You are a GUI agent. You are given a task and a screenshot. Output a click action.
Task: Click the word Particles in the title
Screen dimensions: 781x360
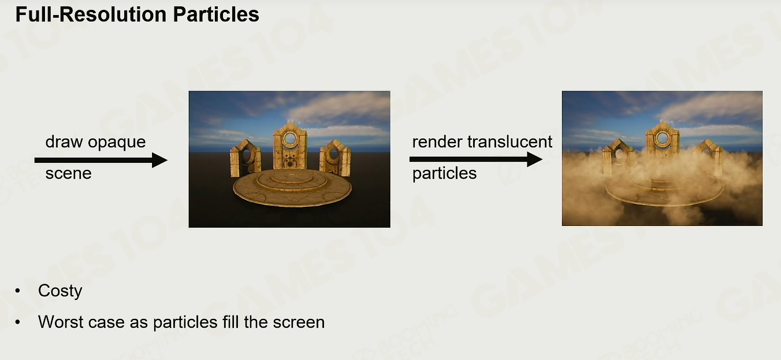click(216, 14)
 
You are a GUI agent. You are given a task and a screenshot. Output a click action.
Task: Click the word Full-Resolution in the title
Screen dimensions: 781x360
click(91, 14)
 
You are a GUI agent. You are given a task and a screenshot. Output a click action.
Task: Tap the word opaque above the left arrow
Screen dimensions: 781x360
click(117, 143)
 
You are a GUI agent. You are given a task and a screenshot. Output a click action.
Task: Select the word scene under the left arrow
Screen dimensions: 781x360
click(68, 173)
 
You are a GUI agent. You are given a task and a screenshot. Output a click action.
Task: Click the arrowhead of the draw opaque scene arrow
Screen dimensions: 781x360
click(159, 161)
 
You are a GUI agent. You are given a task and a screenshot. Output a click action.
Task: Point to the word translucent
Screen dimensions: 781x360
click(509, 142)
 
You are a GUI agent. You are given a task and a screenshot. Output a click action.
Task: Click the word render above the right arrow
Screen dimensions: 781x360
click(437, 142)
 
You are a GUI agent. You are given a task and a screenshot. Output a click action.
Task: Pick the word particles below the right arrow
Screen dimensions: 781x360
click(444, 174)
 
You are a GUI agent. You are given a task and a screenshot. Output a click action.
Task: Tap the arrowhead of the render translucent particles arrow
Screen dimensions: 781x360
click(535, 159)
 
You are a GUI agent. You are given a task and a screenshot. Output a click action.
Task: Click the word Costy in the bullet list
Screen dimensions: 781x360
click(60, 291)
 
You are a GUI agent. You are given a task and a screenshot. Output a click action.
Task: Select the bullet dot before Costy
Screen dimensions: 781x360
click(18, 291)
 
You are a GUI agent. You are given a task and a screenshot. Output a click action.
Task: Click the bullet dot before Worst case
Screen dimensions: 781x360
click(18, 322)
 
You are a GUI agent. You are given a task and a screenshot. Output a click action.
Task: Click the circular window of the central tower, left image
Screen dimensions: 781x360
click(290, 139)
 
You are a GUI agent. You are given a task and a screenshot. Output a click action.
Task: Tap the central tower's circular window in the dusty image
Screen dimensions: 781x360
click(663, 138)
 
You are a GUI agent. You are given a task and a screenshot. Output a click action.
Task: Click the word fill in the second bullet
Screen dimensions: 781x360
click(230, 322)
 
